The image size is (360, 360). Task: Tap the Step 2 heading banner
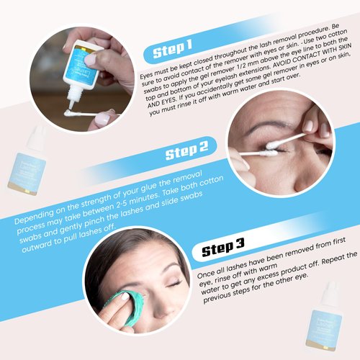pyautogui.click(x=186, y=153)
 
